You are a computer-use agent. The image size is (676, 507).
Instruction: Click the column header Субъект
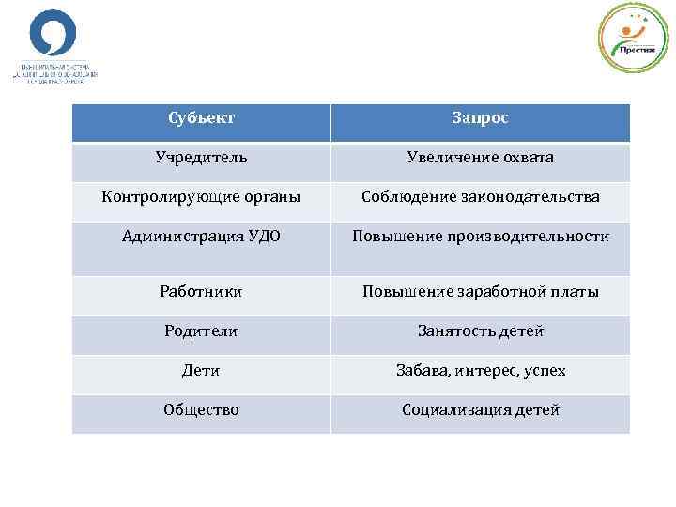pos(201,119)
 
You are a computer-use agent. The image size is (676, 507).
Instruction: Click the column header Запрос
pos(480,119)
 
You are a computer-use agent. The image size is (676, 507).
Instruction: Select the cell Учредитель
pos(201,158)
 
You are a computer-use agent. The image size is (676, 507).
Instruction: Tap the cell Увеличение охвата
pos(480,158)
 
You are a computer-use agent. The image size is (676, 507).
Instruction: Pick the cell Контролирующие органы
pos(201,197)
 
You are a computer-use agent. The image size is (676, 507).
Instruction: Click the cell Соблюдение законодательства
pos(480,197)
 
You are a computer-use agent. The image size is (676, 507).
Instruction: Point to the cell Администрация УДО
pos(201,237)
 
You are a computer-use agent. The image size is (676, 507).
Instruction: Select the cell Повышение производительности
pos(480,237)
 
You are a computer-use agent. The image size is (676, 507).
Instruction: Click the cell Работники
pos(201,292)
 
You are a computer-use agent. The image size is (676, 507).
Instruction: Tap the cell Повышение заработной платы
pos(480,292)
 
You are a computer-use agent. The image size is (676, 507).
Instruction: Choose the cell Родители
pos(201,331)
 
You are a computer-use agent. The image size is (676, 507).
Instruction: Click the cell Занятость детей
pos(480,331)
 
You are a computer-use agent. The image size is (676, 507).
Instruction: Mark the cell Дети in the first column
pos(201,371)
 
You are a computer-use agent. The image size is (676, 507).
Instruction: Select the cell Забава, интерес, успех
pos(480,371)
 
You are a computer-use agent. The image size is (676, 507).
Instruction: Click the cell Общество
pos(201,410)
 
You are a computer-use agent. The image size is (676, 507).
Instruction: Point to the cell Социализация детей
pos(480,410)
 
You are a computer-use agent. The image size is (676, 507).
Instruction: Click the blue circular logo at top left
pos(53,36)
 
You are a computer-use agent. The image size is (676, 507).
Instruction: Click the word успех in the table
pos(545,371)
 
